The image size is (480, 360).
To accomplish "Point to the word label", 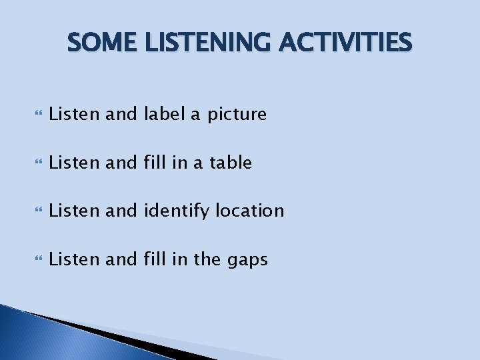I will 165,115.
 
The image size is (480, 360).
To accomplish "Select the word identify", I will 175,211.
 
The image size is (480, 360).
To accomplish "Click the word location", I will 249,211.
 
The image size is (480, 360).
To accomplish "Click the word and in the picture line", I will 121,115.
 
